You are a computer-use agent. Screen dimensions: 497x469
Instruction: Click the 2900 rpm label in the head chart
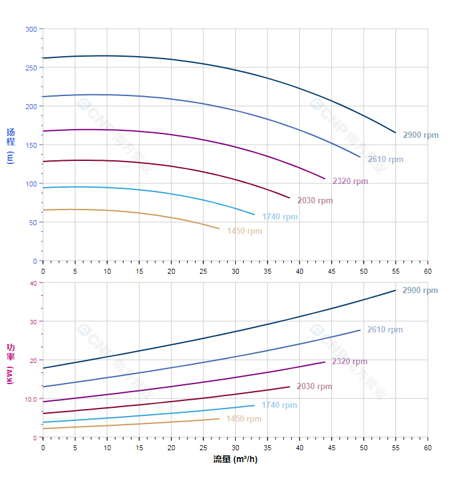point(420,135)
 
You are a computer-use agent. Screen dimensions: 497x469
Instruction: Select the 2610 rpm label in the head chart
point(385,159)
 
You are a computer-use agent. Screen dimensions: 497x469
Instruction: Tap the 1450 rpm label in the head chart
point(244,231)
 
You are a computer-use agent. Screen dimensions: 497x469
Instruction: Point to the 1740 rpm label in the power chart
point(279,405)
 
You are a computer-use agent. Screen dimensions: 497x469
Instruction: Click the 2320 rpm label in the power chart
point(349,361)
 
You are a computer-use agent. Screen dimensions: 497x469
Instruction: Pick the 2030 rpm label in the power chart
point(314,386)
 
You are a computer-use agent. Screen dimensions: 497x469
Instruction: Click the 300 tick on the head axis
point(31,29)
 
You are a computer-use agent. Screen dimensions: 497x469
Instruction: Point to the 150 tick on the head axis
point(31,145)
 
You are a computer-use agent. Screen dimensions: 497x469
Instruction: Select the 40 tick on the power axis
point(33,283)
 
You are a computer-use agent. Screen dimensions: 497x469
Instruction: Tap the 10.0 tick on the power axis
point(31,399)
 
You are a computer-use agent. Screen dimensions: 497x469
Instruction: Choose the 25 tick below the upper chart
point(203,271)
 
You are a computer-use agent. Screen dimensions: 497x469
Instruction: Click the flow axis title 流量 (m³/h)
point(235,460)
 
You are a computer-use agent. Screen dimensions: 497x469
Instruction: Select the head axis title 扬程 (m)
point(10,145)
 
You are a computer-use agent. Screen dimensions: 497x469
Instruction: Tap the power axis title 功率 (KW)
point(10,363)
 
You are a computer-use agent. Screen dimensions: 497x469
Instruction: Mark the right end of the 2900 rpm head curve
point(395,133)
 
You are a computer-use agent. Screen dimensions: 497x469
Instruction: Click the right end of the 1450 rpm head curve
point(220,229)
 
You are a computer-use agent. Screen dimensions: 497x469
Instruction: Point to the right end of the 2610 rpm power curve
point(360,330)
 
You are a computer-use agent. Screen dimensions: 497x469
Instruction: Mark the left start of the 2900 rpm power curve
point(43,368)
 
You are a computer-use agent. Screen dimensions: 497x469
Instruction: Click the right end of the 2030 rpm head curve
point(290,198)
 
